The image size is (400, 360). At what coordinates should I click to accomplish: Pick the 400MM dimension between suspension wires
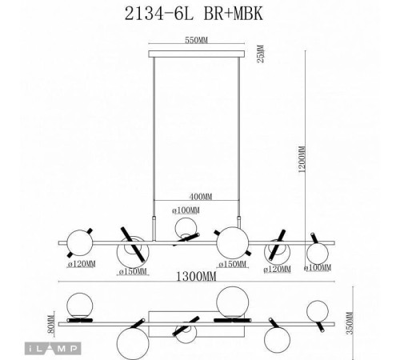(x=196, y=196)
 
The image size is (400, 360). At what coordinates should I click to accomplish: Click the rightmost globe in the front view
(x=314, y=253)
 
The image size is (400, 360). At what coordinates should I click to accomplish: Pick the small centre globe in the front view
(x=185, y=229)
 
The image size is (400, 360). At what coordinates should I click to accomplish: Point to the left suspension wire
(x=153, y=136)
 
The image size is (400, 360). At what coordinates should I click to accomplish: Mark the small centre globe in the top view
(x=186, y=333)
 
